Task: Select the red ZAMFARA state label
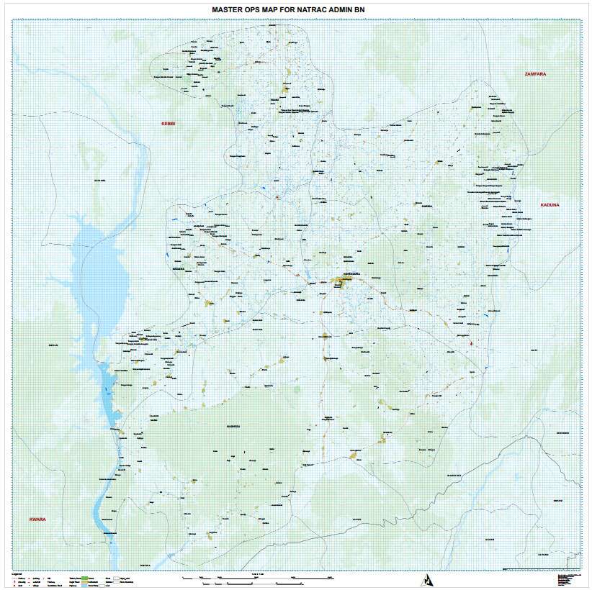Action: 537,74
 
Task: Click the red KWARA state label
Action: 37,519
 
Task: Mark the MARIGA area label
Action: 426,205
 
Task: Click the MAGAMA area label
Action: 179,270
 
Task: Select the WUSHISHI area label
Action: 454,476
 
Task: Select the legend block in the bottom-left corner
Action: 72,578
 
